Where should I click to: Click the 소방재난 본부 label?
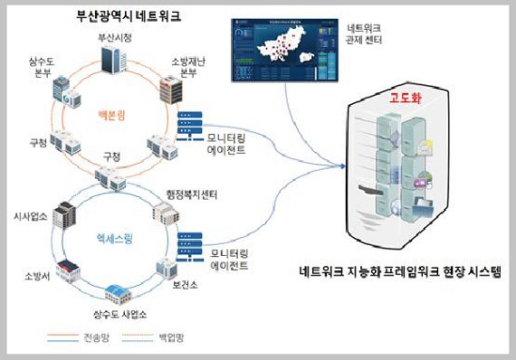click(x=190, y=68)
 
